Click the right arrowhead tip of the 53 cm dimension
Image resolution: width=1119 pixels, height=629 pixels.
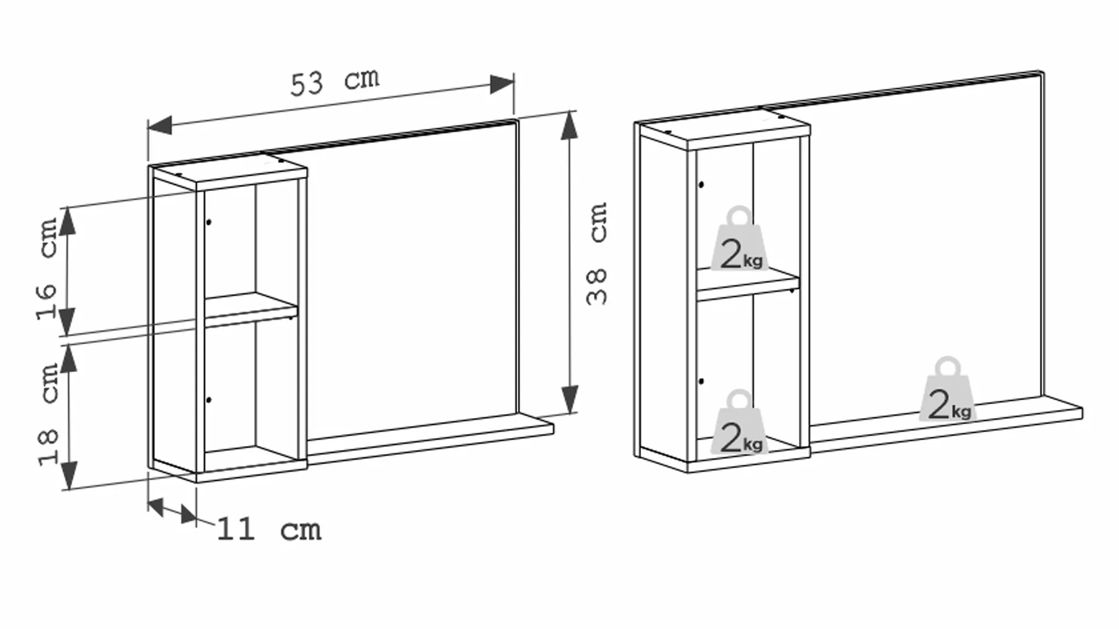[x=513, y=82]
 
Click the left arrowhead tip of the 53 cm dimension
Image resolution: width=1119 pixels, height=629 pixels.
[x=149, y=126]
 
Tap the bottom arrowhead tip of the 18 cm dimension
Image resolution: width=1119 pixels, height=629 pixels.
[x=69, y=489]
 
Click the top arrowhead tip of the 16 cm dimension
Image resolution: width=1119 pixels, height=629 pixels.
[x=68, y=207]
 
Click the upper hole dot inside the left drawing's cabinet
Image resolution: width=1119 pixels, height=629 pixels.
[x=209, y=222]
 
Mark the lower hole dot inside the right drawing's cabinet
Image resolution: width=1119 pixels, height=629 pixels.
[x=701, y=381]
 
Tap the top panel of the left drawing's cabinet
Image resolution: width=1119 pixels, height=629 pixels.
[x=228, y=171]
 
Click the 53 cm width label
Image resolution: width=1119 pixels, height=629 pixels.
[x=335, y=82]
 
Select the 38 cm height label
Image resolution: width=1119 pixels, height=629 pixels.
[x=597, y=253]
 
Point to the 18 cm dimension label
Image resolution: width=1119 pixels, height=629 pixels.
[x=49, y=414]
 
